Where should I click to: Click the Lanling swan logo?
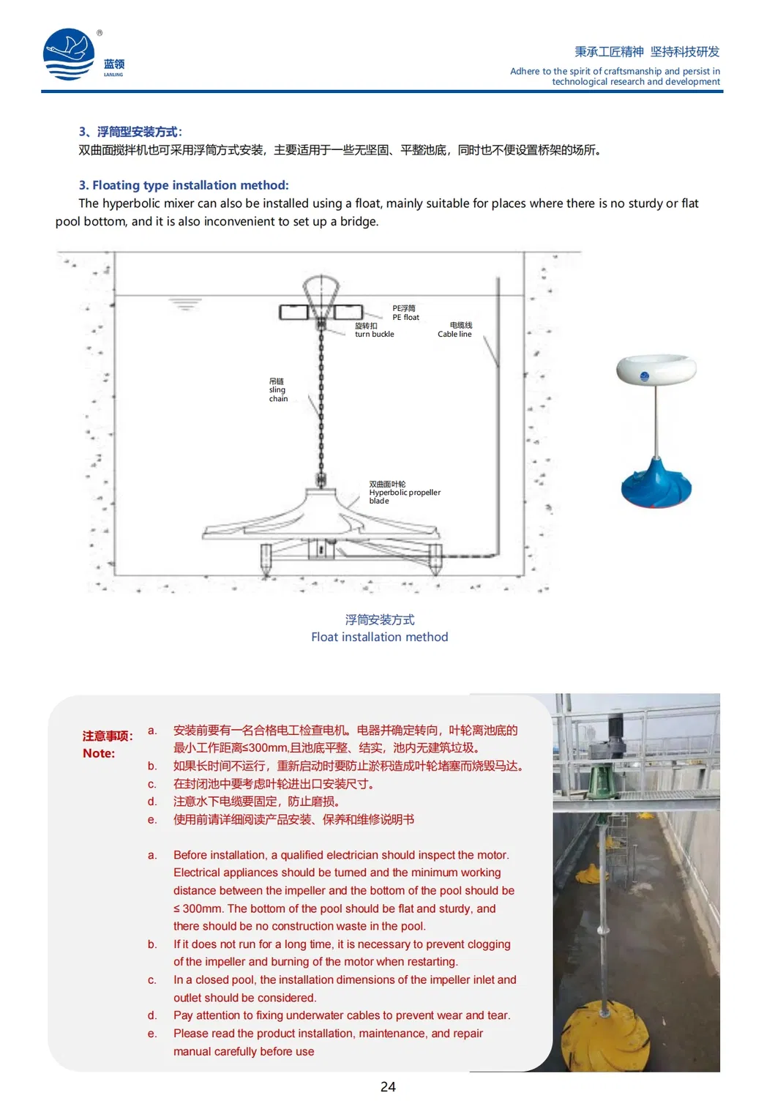(x=70, y=54)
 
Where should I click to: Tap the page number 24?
(x=388, y=1087)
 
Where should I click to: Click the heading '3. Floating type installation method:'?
(x=184, y=185)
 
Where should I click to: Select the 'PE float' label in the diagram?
(x=405, y=313)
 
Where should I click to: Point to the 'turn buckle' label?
(x=374, y=330)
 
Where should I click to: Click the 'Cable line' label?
(x=454, y=330)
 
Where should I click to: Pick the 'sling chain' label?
(x=278, y=390)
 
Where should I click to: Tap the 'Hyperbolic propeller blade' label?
(x=404, y=493)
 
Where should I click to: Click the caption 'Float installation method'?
(x=379, y=637)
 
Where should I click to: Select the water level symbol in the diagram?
(x=185, y=303)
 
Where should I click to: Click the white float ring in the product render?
(x=656, y=370)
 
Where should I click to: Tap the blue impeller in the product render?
(x=656, y=484)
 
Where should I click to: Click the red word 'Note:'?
(x=99, y=753)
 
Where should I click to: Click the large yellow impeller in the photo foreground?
(x=604, y=1039)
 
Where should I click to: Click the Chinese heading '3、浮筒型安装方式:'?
(x=130, y=132)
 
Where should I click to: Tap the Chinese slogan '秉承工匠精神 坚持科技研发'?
(x=646, y=51)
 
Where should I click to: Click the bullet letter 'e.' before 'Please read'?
(x=152, y=1034)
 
